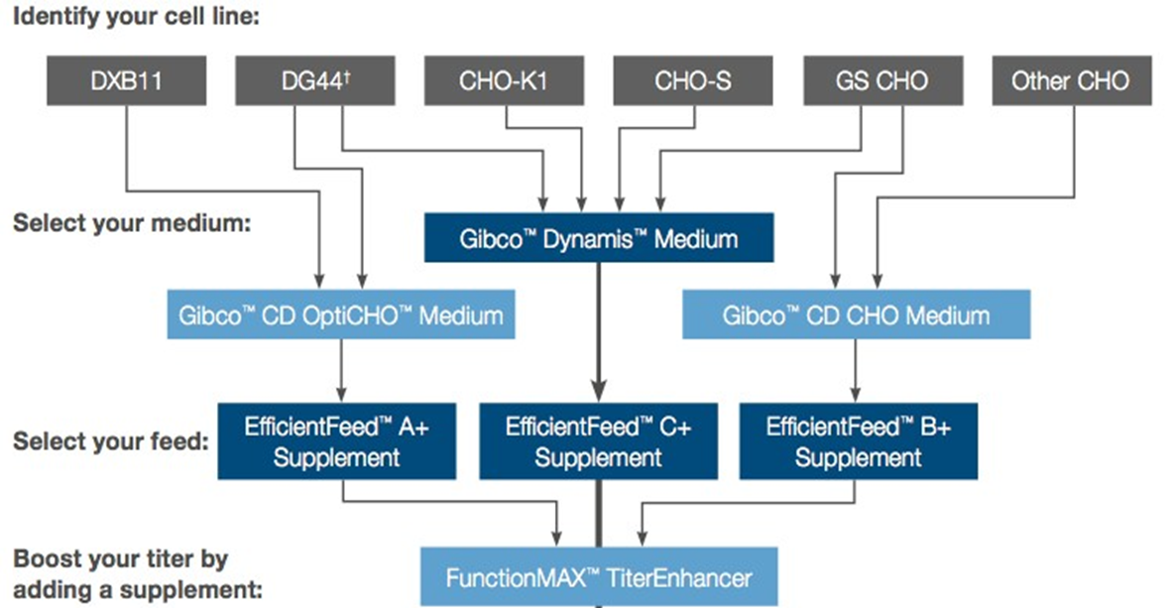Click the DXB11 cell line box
[x=127, y=81]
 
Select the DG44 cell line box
[x=316, y=81]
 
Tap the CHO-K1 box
[x=505, y=81]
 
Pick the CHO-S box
[x=693, y=81]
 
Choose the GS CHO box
[x=882, y=81]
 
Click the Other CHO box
[x=1071, y=81]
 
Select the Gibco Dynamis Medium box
[x=598, y=239]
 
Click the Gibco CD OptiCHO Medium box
[x=341, y=316]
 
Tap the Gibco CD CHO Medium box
[x=856, y=316]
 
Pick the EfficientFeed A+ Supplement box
[x=336, y=441]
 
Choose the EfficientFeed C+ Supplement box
[x=598, y=441]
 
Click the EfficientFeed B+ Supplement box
[x=858, y=441]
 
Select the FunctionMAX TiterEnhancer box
[x=598, y=576]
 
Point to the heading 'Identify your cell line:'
[x=136, y=18]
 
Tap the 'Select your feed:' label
[x=110, y=440]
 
